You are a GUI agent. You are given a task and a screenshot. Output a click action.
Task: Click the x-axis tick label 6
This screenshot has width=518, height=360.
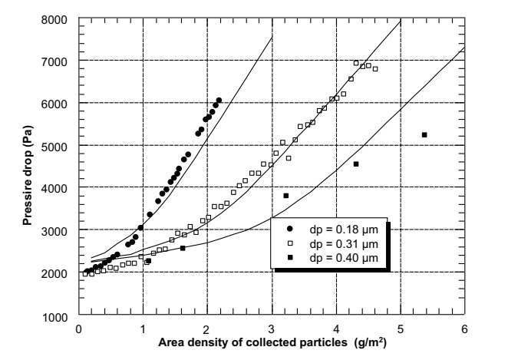coord(464,328)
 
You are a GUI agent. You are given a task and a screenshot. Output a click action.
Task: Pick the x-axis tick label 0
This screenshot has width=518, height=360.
coord(79,328)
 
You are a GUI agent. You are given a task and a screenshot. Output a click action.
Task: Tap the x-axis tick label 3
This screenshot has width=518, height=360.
coord(272,328)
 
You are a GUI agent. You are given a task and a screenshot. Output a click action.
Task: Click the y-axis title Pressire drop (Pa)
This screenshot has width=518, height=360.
coord(27,167)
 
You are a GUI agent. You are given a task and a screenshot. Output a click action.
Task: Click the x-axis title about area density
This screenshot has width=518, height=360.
coord(272,342)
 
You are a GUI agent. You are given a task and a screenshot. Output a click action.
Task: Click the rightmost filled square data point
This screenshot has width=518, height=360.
coord(424,135)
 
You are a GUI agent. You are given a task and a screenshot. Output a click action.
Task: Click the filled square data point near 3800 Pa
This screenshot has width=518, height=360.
coord(285,196)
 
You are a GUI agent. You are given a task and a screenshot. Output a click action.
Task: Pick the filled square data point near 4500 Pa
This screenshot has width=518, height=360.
coord(356,164)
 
